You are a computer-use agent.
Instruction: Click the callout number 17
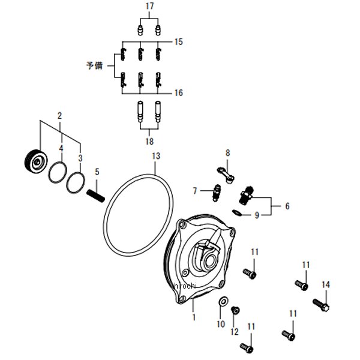pyautogui.click(x=149, y=6)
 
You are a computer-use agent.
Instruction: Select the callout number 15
pyautogui.click(x=179, y=42)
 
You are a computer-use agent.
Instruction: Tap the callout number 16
pyautogui.click(x=179, y=93)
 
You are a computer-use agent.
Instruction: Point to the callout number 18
pyautogui.click(x=149, y=141)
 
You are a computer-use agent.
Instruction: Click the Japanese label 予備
pyautogui.click(x=95, y=65)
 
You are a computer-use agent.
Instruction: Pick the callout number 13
pyautogui.click(x=156, y=156)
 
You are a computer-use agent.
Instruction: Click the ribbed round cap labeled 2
pyautogui.click(x=36, y=161)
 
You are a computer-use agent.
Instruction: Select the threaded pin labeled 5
pyautogui.click(x=96, y=196)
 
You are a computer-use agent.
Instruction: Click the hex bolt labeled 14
pyautogui.click(x=321, y=305)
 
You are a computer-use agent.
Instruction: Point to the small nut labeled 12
pyautogui.click(x=235, y=310)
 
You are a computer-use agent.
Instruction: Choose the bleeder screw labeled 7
pyautogui.click(x=216, y=193)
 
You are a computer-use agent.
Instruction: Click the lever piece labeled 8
pyautogui.click(x=226, y=175)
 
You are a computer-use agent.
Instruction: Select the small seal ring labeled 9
pyautogui.click(x=236, y=213)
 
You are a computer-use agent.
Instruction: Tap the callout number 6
pyautogui.click(x=287, y=206)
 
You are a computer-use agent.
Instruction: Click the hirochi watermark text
pyautogui.click(x=185, y=286)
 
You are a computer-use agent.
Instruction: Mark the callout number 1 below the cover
pyautogui.click(x=194, y=317)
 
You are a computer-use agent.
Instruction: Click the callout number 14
pyautogui.click(x=326, y=284)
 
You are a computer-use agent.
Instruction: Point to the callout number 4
pyautogui.click(x=61, y=149)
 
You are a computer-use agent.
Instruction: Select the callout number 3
pyautogui.click(x=80, y=158)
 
